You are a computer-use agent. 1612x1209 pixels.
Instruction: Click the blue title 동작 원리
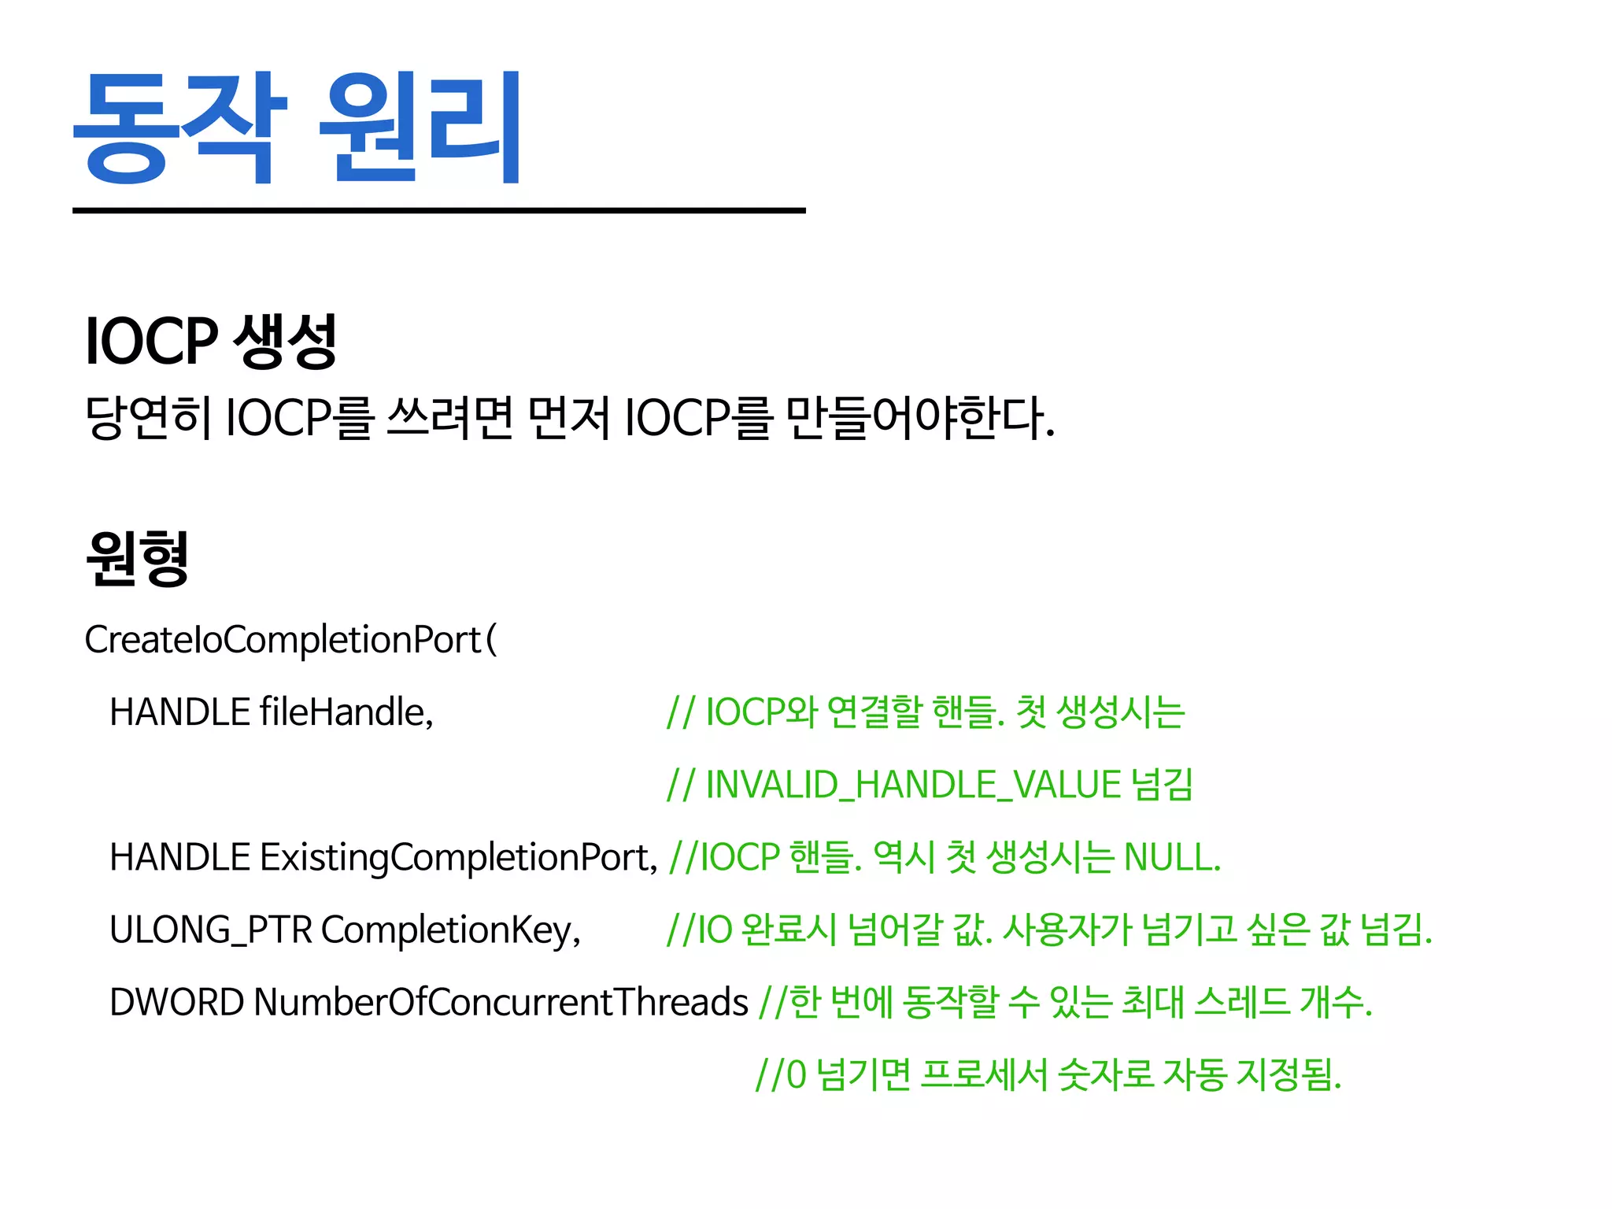click(x=297, y=128)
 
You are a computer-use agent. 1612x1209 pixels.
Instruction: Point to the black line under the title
click(x=438, y=210)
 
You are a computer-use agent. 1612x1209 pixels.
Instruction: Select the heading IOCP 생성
click(x=211, y=340)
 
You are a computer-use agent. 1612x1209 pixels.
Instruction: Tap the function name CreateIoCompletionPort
click(x=282, y=639)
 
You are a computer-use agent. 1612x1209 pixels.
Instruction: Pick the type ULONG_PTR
click(x=210, y=930)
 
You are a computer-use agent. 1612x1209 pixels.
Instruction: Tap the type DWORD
click(x=176, y=1002)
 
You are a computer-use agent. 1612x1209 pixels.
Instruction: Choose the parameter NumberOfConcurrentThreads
click(x=500, y=1002)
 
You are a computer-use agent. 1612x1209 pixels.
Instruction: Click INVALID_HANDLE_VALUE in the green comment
click(x=913, y=785)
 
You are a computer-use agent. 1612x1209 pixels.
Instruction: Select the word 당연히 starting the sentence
click(x=149, y=417)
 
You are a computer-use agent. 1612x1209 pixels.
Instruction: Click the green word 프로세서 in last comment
click(x=984, y=1074)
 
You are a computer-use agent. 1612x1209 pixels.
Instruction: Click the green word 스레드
click(x=1241, y=1002)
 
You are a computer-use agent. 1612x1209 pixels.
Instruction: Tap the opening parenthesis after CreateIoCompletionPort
click(x=492, y=639)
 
